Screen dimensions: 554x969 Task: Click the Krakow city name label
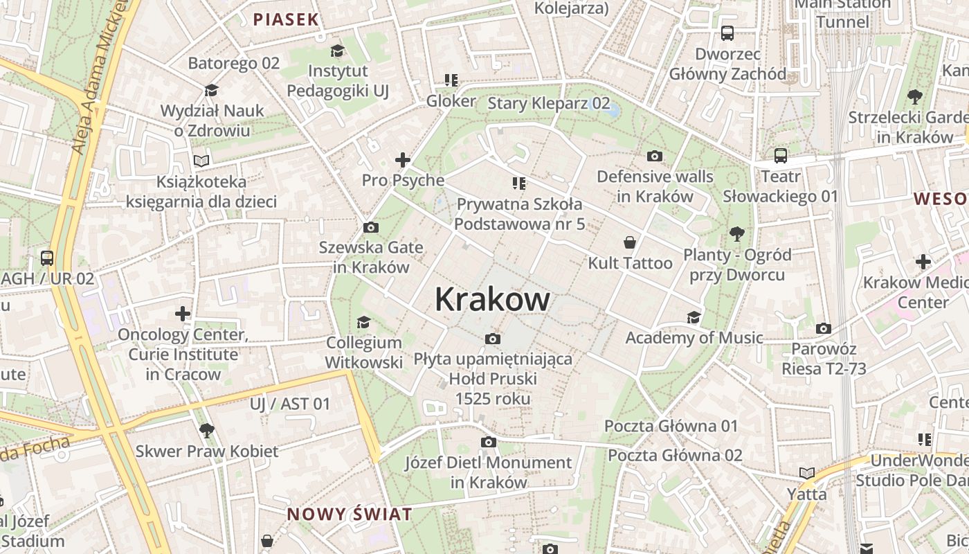click(x=492, y=300)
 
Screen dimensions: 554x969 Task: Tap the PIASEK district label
click(x=286, y=19)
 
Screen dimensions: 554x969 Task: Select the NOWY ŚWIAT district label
click(x=350, y=515)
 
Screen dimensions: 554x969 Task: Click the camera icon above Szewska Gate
click(x=371, y=227)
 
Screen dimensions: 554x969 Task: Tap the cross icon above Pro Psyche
click(x=403, y=160)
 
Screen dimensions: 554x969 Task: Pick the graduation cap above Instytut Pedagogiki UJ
click(x=338, y=51)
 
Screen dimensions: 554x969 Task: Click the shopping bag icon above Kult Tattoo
click(x=630, y=242)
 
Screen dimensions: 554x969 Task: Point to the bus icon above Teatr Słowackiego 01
click(x=781, y=156)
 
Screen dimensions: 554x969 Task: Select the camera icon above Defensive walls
click(x=654, y=157)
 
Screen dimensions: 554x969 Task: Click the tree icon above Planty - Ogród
click(x=736, y=234)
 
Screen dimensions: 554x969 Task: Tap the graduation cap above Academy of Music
click(x=694, y=317)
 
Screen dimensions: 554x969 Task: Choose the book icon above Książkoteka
click(x=201, y=161)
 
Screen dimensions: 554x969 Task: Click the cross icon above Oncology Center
click(x=183, y=314)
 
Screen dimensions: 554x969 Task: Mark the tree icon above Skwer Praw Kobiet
click(x=206, y=430)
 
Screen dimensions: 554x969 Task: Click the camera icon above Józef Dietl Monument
click(x=489, y=442)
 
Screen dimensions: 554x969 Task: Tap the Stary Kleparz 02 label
click(x=549, y=104)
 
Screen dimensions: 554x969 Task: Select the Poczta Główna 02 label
click(x=675, y=455)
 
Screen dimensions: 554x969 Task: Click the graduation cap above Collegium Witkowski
click(x=363, y=322)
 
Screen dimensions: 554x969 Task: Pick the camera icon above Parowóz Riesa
click(x=824, y=328)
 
